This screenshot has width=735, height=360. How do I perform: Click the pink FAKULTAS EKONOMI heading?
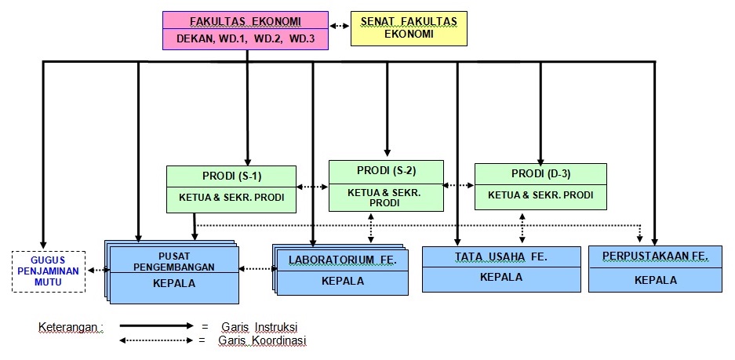pyautogui.click(x=246, y=20)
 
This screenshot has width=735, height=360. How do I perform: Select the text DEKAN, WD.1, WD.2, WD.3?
pyautogui.click(x=246, y=38)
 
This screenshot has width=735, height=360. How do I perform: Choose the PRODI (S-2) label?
pyautogui.click(x=386, y=170)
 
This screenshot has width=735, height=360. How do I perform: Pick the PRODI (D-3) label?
pyautogui.click(x=540, y=173)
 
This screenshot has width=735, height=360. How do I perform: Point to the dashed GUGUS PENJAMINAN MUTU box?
pyautogui.click(x=49, y=271)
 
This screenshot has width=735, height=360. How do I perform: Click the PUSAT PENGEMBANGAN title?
pyautogui.click(x=173, y=261)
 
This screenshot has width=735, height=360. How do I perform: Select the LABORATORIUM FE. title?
pyautogui.click(x=343, y=259)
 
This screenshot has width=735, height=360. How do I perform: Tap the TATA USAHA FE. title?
pyautogui.click(x=500, y=256)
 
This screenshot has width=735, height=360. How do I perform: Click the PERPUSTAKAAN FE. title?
pyautogui.click(x=656, y=256)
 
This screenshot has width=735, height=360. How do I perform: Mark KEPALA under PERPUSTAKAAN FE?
pyautogui.click(x=656, y=280)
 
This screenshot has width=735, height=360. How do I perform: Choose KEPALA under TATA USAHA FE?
pyautogui.click(x=500, y=277)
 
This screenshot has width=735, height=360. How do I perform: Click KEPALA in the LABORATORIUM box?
pyautogui.click(x=343, y=281)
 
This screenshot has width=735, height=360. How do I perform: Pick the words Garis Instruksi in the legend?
pyautogui.click(x=260, y=326)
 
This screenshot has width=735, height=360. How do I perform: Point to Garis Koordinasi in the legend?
pyautogui.click(x=264, y=341)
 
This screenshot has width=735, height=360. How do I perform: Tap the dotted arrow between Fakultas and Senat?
pyautogui.click(x=339, y=26)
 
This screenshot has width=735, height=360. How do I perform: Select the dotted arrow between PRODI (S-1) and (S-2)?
pyautogui.click(x=312, y=187)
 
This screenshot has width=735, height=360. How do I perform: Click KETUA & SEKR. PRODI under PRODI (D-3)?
pyautogui.click(x=540, y=195)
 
